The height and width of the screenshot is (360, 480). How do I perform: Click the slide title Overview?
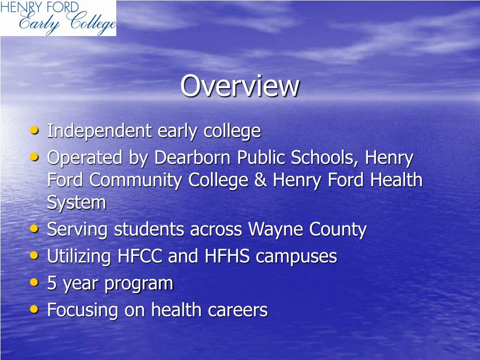(240, 86)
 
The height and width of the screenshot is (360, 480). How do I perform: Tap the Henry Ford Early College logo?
(58, 18)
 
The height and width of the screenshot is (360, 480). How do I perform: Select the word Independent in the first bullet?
(99, 131)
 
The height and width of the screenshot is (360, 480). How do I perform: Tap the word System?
(76, 203)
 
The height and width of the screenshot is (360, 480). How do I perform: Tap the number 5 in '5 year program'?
(52, 284)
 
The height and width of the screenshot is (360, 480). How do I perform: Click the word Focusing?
(82, 310)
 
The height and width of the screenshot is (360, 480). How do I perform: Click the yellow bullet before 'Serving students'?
(34, 229)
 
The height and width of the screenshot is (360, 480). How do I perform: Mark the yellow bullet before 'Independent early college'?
(34, 130)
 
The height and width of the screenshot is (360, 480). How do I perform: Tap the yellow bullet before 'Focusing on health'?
(34, 309)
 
